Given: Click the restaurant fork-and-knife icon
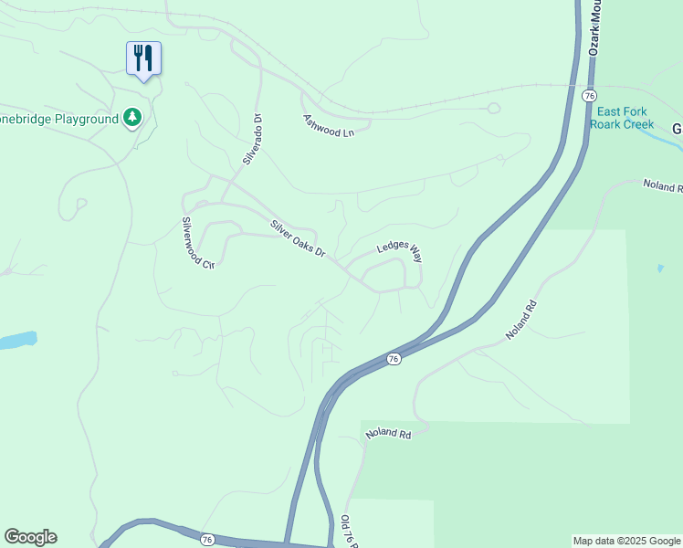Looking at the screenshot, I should (143, 58).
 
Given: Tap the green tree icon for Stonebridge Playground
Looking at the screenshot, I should (133, 118).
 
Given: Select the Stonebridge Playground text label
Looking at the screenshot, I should (60, 119).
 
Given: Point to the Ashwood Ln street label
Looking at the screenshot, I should (328, 126).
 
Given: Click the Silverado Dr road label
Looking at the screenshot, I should (253, 139).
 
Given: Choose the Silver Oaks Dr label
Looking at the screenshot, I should (298, 238).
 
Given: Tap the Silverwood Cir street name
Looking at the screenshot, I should (196, 242).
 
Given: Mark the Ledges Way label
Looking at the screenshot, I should (399, 249).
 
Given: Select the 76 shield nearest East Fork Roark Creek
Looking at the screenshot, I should (590, 96).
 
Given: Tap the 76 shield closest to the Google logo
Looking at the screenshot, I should (207, 540).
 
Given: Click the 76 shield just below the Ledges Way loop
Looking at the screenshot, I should (393, 359).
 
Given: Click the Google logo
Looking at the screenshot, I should (30, 537).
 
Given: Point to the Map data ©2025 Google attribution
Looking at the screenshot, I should (626, 541).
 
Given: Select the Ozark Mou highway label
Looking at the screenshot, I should (594, 27).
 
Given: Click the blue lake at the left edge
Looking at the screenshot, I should (16, 341).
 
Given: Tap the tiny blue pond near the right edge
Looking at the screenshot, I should (659, 269).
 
